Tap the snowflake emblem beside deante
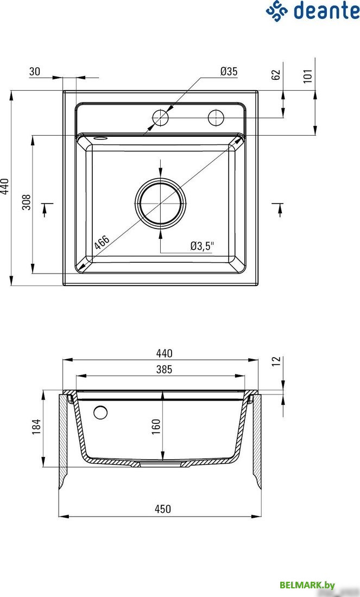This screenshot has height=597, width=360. click(x=277, y=11)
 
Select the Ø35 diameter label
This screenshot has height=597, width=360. click(x=229, y=71)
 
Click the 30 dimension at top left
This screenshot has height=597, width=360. click(x=35, y=71)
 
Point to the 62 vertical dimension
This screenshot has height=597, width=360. click(x=276, y=74)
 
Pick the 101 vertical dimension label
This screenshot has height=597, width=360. click(x=308, y=75)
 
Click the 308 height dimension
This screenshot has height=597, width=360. click(x=26, y=202)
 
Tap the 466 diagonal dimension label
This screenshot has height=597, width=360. click(x=102, y=243)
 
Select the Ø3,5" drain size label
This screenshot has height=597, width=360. click(x=203, y=246)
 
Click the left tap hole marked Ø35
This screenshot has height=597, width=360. click(x=160, y=118)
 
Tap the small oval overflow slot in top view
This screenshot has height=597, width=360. click(x=100, y=138)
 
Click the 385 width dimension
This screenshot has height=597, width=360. click(x=164, y=369)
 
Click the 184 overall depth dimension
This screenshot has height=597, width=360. click(x=36, y=427)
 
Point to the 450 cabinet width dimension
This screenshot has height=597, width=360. click(x=163, y=509)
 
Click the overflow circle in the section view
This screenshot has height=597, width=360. click(x=100, y=412)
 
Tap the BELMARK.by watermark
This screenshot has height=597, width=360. click(x=307, y=585)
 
